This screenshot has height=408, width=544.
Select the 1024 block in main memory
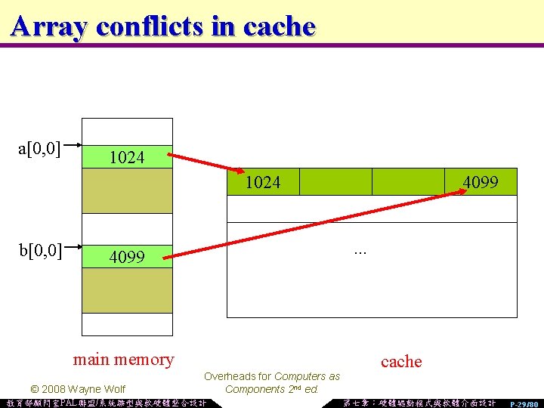(x=127, y=157)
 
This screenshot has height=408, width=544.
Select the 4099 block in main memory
(x=127, y=256)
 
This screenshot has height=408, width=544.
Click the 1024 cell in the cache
(x=263, y=182)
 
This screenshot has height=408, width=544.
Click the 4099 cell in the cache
(x=481, y=182)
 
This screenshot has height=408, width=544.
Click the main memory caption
(x=123, y=359)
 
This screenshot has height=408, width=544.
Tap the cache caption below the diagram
(x=401, y=361)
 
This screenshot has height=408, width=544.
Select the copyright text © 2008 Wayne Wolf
(x=77, y=389)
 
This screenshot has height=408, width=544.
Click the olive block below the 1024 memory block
(x=127, y=190)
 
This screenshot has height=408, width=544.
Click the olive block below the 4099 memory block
(x=127, y=290)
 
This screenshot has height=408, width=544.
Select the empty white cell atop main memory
(x=127, y=131)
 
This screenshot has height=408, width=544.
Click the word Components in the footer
(x=254, y=389)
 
